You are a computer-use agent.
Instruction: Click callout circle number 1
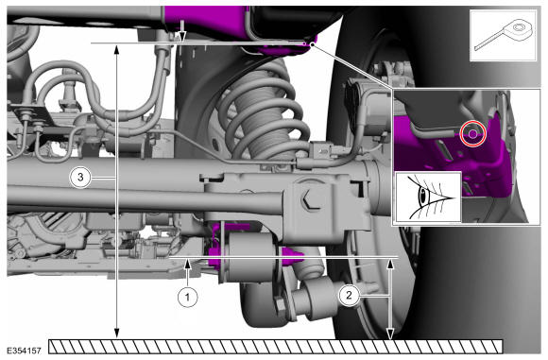tap(188, 297)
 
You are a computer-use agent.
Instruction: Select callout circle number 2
tap(349, 296)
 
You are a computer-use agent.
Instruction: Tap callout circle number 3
tap(80, 178)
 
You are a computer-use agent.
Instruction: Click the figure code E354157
tap(24, 351)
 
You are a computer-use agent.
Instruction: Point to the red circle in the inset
tap(472, 133)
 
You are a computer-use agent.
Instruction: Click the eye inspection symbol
tap(428, 197)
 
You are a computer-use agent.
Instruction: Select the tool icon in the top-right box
tap(504, 35)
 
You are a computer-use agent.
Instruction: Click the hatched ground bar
tap(276, 347)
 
